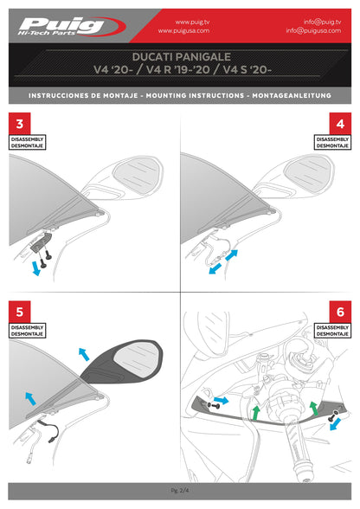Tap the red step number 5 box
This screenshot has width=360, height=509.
(x=20, y=311)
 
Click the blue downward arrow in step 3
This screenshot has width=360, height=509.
(x=35, y=268)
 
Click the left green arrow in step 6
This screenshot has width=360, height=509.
(x=256, y=410)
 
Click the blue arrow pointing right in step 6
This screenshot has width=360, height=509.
(x=221, y=401)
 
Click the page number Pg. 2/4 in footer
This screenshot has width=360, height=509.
(x=180, y=490)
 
